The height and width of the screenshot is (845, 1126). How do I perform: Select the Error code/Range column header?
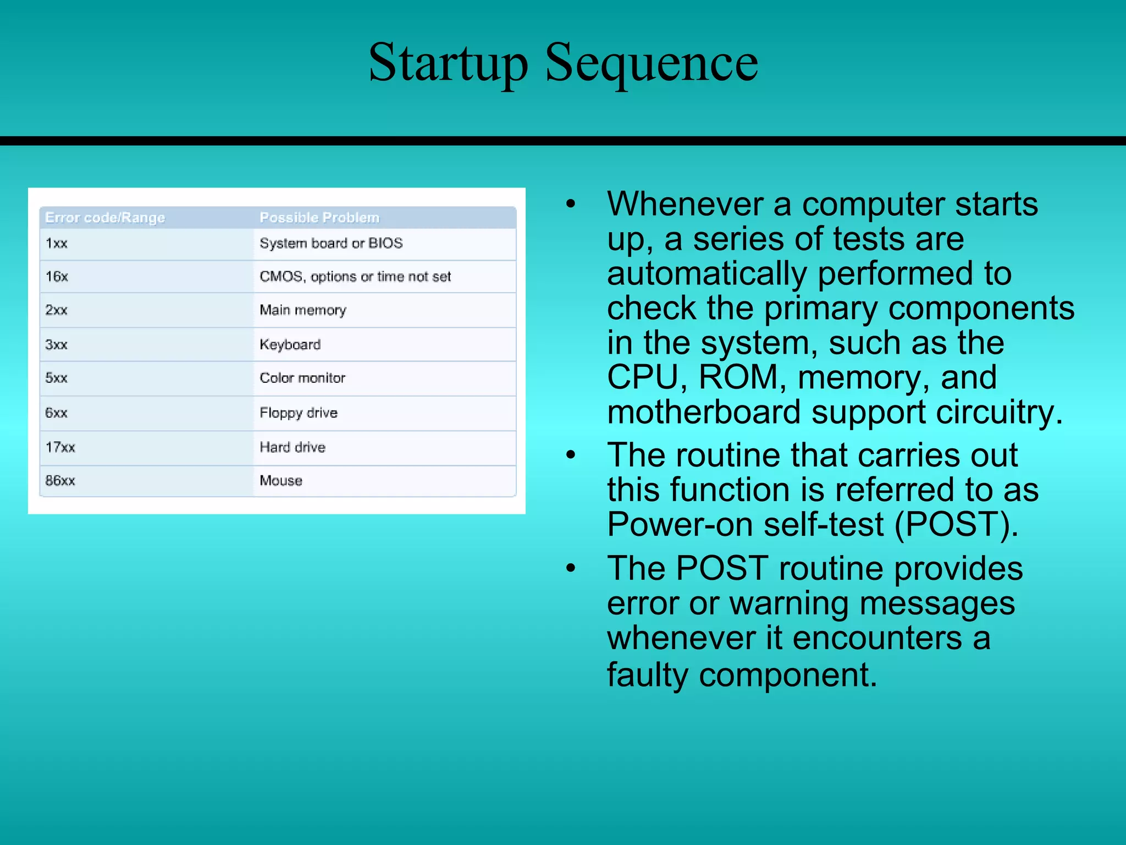click(105, 218)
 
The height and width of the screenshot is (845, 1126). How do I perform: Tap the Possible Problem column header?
click(319, 218)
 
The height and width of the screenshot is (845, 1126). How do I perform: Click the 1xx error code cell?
click(57, 243)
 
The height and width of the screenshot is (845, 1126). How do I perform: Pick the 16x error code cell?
click(57, 276)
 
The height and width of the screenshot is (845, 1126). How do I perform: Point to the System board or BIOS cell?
click(331, 243)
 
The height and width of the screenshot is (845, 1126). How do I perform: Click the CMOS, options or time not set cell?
click(355, 276)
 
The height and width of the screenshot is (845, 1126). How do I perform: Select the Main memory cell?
click(303, 310)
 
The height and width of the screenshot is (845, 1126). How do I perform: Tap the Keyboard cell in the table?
click(290, 345)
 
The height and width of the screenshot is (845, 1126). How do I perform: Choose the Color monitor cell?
click(302, 378)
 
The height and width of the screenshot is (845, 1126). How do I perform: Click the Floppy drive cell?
click(299, 413)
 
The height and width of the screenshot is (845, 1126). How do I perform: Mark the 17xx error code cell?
click(60, 447)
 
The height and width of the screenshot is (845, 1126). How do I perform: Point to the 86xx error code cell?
click(60, 481)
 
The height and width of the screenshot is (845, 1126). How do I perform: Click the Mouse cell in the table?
click(281, 481)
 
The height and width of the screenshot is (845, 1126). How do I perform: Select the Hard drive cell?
click(292, 447)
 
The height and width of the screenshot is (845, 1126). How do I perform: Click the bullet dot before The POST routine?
click(571, 568)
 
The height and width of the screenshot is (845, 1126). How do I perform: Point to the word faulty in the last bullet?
click(647, 675)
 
